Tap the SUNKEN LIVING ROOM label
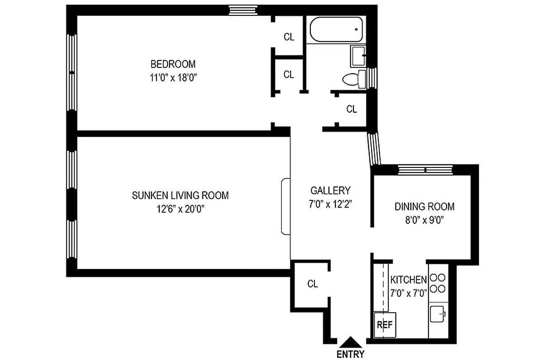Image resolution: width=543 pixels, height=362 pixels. (180, 195)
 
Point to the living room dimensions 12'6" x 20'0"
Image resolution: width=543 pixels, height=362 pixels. (180, 209)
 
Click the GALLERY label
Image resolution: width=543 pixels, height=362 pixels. (330, 191)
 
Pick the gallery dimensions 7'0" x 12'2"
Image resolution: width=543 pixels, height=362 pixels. (330, 204)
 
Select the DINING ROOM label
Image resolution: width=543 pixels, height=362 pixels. (424, 207)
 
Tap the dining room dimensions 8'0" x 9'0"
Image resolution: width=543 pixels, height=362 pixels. (424, 220)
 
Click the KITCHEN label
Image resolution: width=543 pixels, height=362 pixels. (408, 280)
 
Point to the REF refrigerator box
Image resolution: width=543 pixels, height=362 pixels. (385, 324)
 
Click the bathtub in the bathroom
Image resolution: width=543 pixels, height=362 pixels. (336, 29)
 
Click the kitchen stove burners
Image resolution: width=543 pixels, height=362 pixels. (438, 283)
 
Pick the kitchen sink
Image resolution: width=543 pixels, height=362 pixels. (438, 314)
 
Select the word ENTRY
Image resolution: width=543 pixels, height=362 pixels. (350, 354)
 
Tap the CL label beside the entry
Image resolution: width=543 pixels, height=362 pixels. (313, 284)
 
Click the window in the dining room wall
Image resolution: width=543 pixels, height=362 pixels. (425, 170)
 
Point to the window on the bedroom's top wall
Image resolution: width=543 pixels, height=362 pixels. (243, 10)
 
